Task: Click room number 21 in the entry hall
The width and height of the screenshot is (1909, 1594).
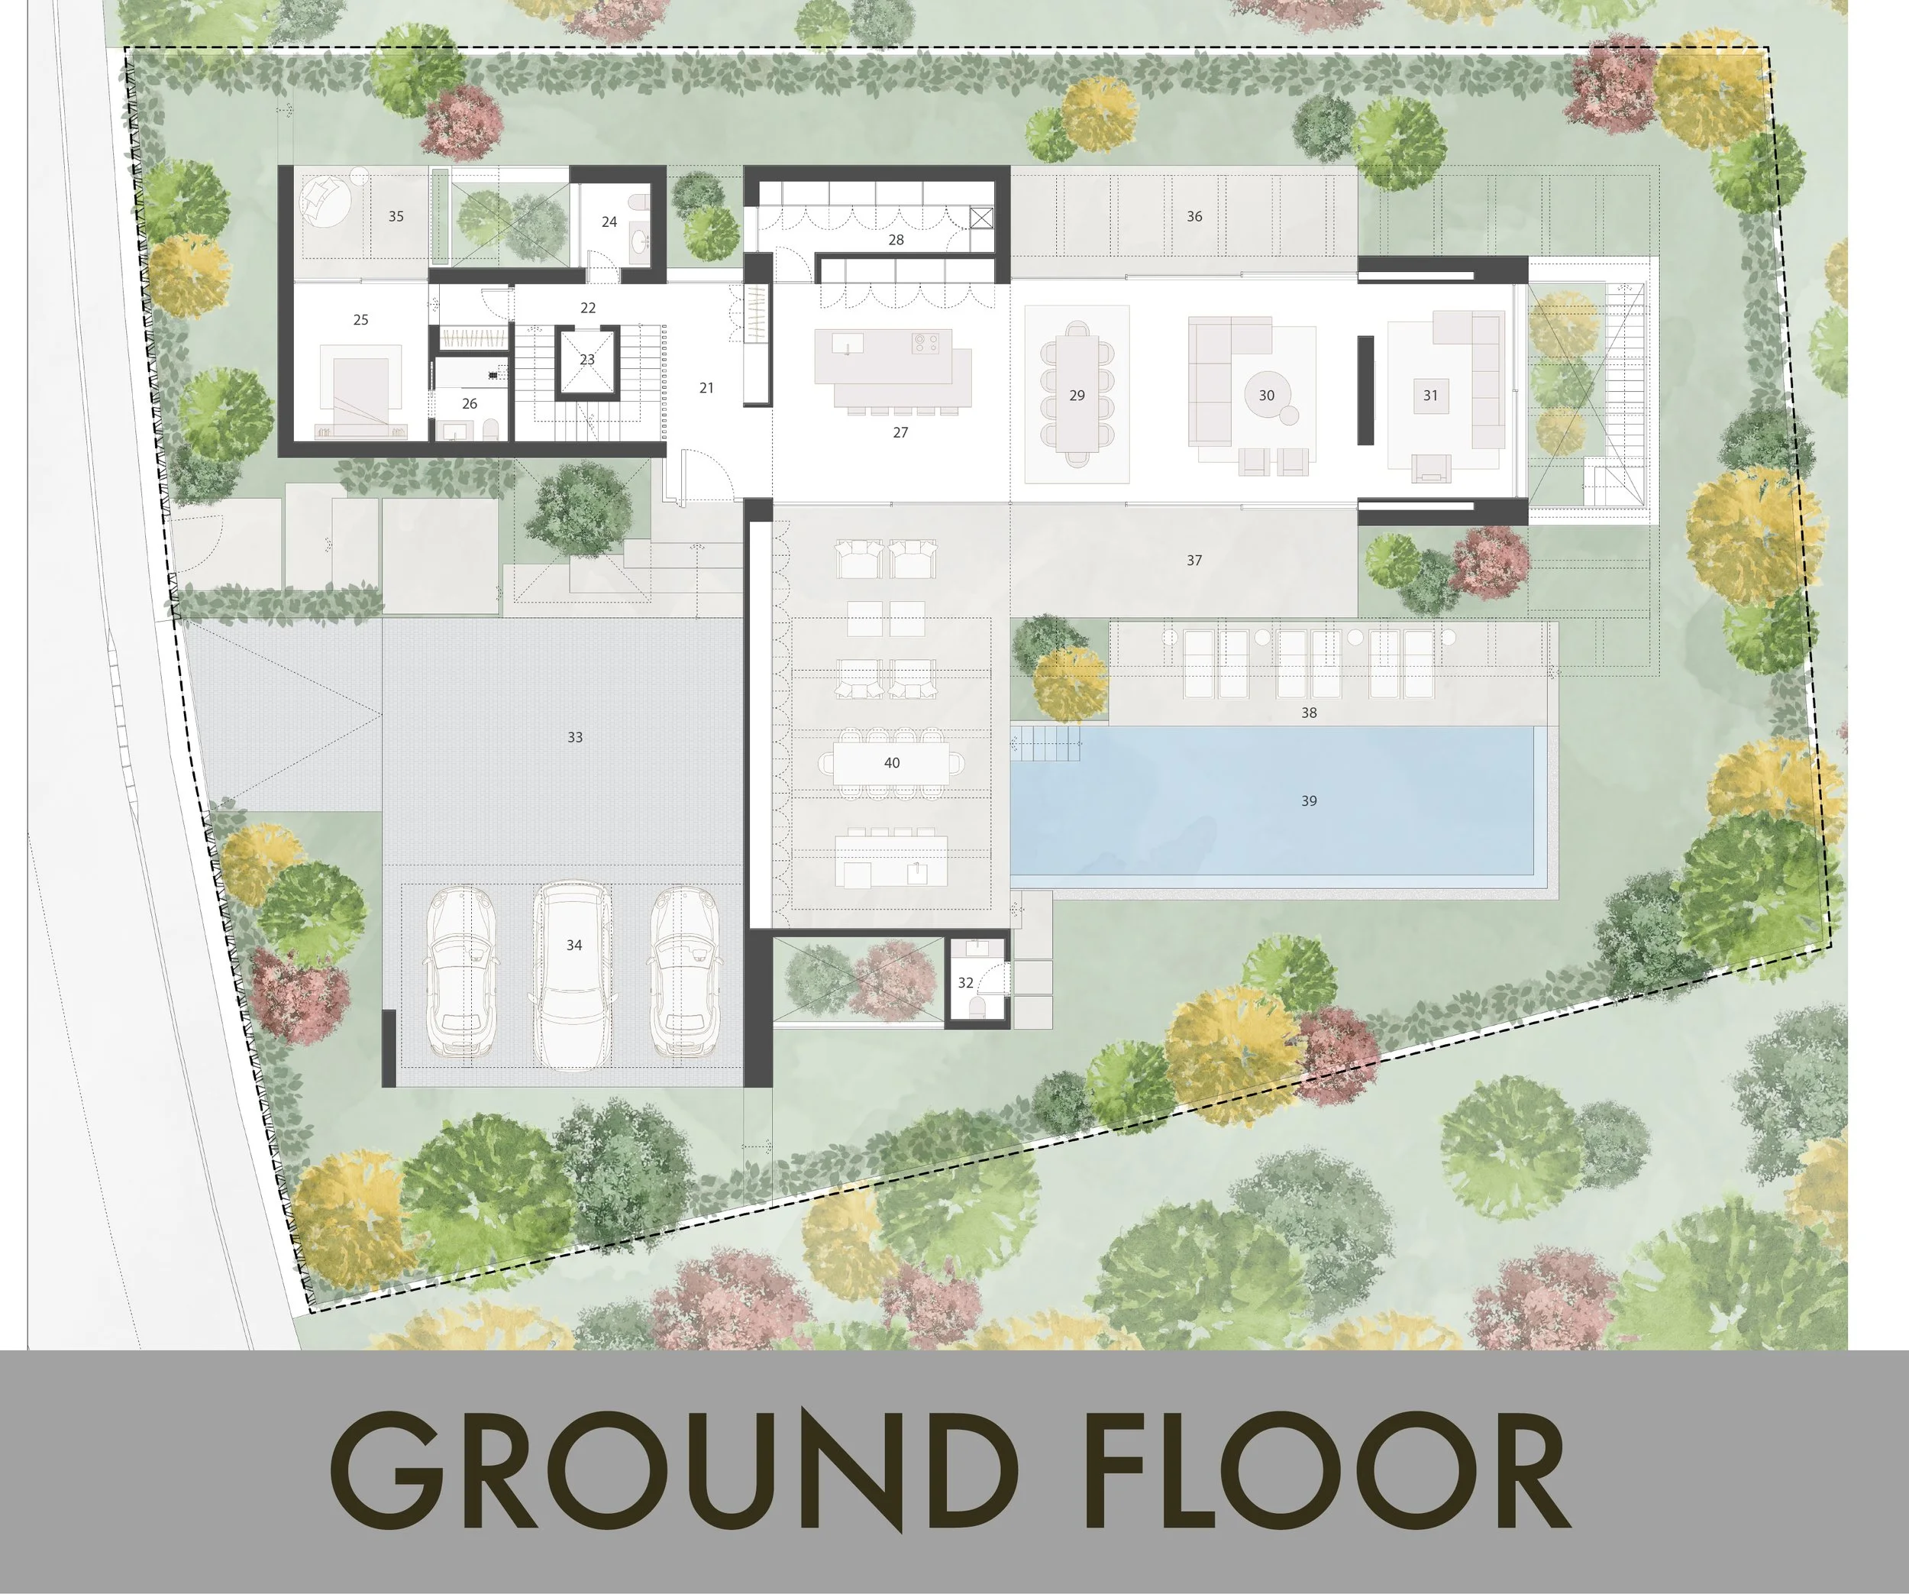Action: point(706,388)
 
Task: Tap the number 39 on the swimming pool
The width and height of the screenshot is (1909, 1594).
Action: point(1308,801)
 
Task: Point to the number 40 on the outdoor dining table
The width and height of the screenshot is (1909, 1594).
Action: point(892,763)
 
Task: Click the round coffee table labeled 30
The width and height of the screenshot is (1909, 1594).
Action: point(1266,396)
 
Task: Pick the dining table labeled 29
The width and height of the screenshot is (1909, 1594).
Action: point(1077,396)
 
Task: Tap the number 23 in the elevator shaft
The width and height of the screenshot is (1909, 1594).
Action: point(587,360)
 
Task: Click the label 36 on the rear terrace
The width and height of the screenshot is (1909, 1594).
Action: point(1194,216)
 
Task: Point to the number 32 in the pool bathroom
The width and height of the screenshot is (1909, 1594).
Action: point(965,983)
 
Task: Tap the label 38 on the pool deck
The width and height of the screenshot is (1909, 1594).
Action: point(1308,713)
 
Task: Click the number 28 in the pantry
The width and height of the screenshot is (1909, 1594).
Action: point(896,240)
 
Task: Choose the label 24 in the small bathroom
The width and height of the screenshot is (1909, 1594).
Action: point(609,221)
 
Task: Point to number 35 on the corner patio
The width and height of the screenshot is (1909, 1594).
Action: point(396,216)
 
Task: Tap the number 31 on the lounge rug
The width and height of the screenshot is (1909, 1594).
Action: point(1430,396)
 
